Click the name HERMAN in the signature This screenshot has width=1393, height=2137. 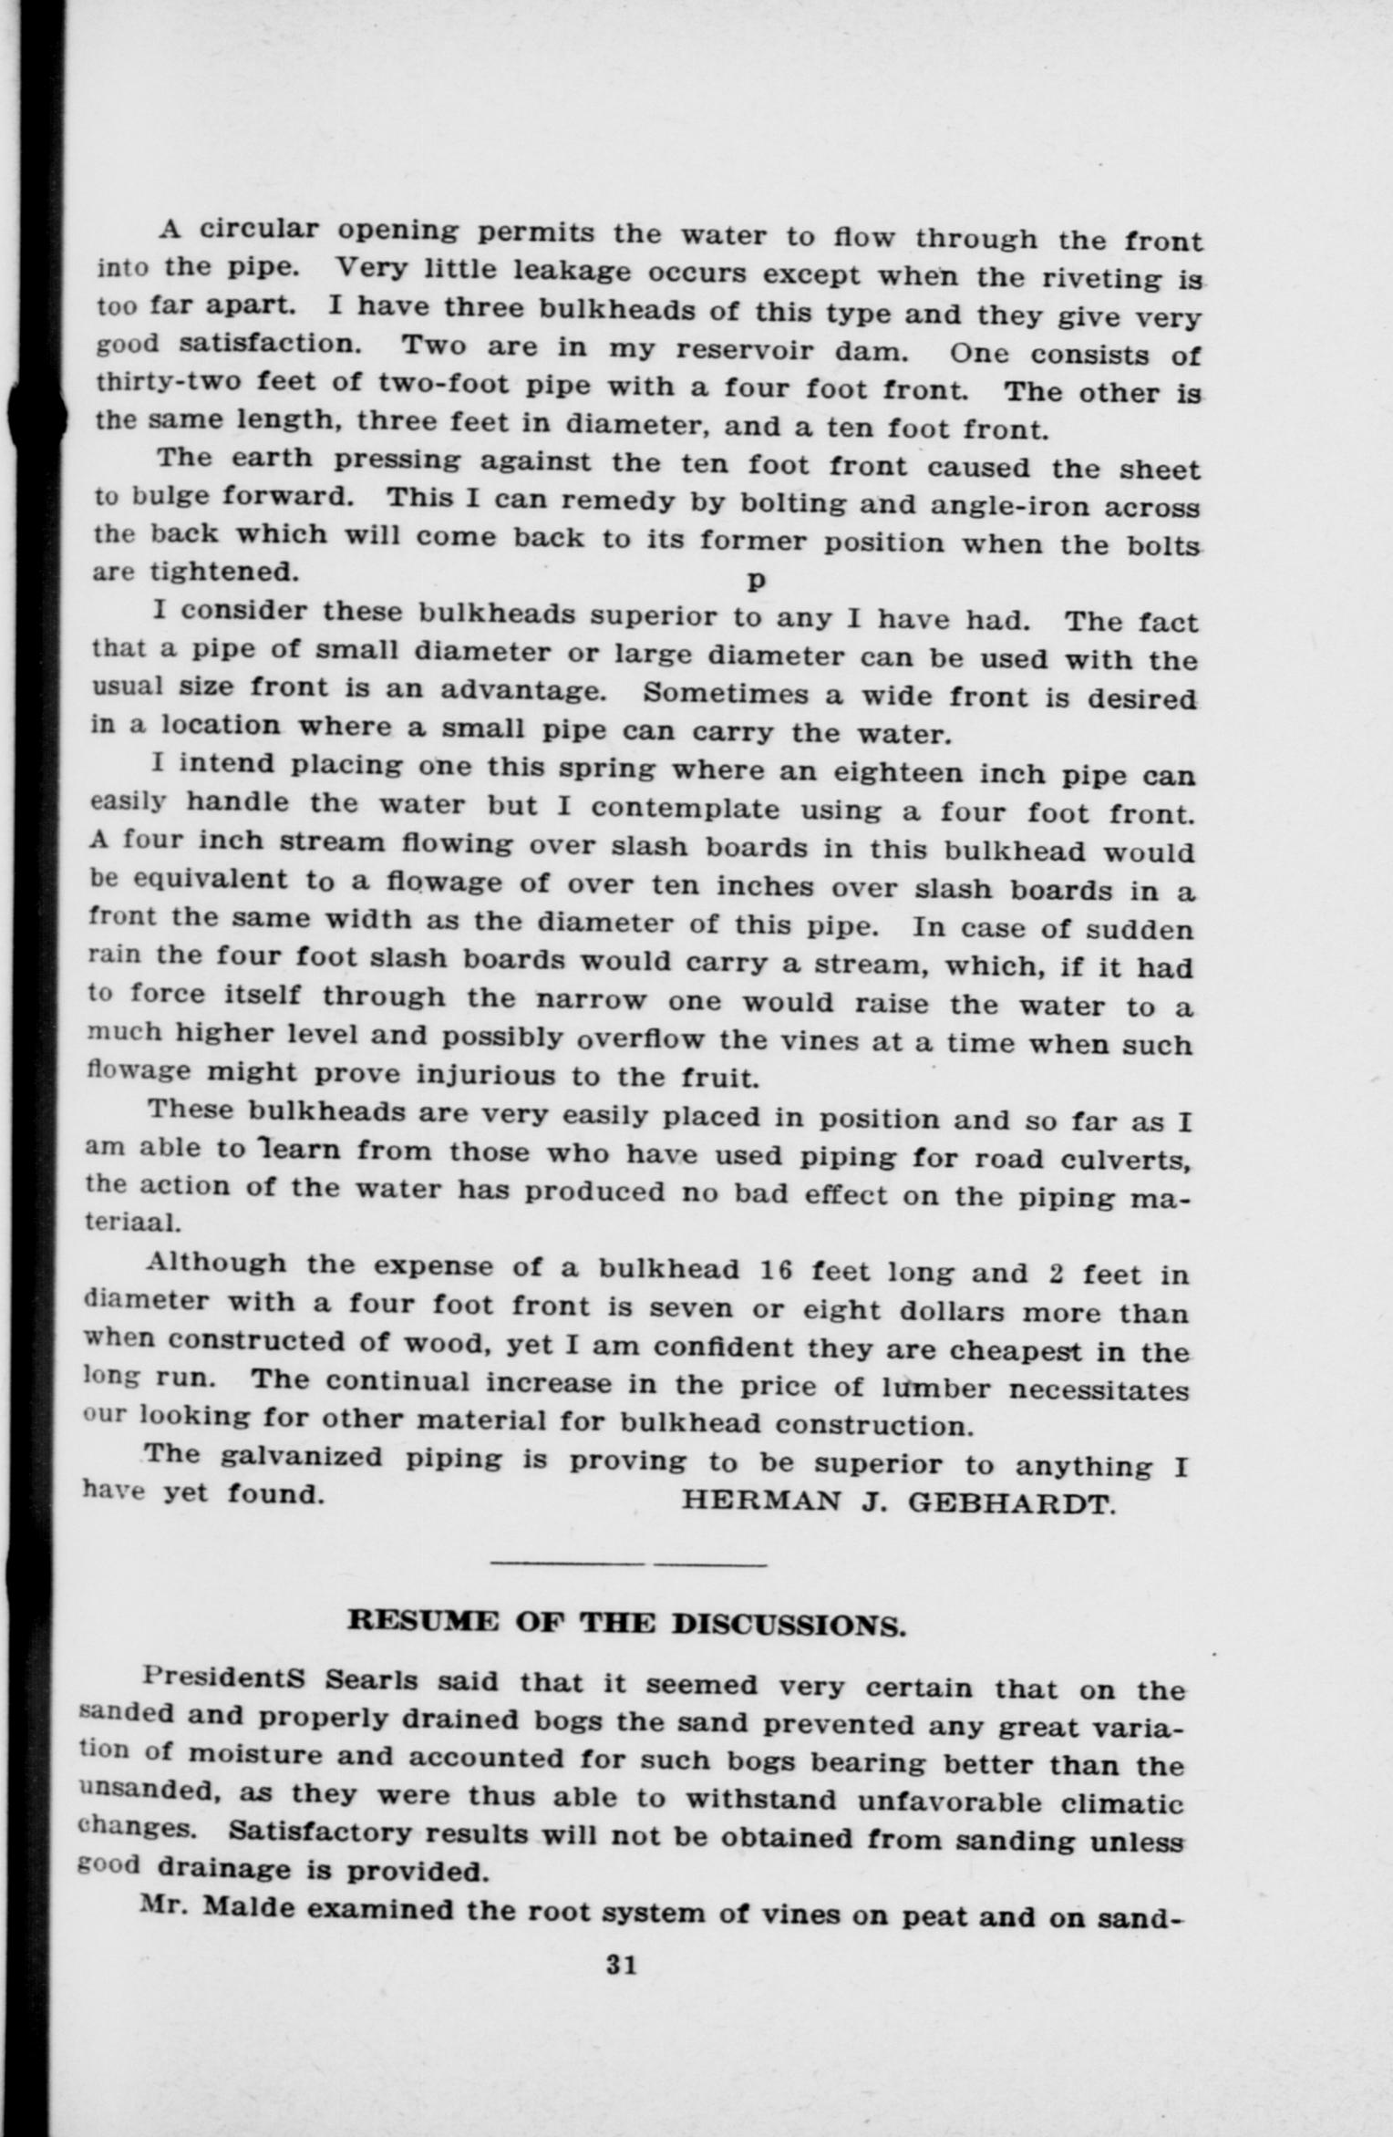tap(760, 1501)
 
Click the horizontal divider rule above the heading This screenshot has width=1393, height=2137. tap(628, 1565)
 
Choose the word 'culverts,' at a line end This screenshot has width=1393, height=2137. tap(1127, 1159)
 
